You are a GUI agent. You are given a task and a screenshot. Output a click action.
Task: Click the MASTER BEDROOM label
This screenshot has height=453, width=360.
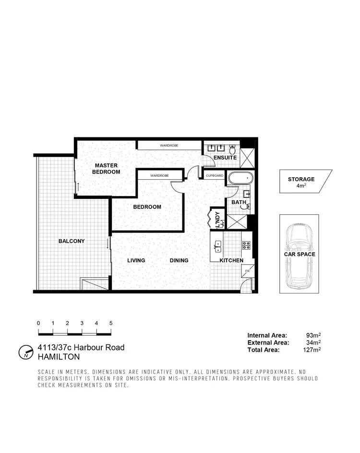coord(106,169)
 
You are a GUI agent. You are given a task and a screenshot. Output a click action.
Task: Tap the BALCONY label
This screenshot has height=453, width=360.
coord(72,241)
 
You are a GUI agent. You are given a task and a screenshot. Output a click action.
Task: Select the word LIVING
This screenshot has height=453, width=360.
coord(136,260)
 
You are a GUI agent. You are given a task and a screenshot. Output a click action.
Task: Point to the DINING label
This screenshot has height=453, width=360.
coord(179,260)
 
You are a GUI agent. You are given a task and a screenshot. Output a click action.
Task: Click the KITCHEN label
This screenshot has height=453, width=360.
coord(231,260)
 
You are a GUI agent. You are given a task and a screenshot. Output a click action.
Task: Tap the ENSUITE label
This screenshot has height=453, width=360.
coord(225,158)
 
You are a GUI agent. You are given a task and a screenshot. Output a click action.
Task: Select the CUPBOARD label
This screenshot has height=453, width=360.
coord(215,176)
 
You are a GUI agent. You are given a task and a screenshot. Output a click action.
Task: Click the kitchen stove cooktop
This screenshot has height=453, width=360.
coord(247,245)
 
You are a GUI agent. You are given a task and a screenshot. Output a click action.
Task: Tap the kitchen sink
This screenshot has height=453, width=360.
coord(218,246)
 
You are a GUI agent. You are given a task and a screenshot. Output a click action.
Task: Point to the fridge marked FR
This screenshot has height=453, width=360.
coord(248,271)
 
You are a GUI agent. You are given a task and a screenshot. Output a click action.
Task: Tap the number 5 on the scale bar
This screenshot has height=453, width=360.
coord(111,323)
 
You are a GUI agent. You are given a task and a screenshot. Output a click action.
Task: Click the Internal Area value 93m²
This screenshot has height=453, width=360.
coord(313,335)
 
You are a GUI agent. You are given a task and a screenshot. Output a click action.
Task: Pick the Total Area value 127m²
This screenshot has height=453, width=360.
coord(312,350)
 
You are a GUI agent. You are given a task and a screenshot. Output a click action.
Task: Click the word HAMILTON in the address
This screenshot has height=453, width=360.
coord(59,357)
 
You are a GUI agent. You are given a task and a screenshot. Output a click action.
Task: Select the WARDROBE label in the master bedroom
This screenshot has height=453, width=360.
coord(169,145)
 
